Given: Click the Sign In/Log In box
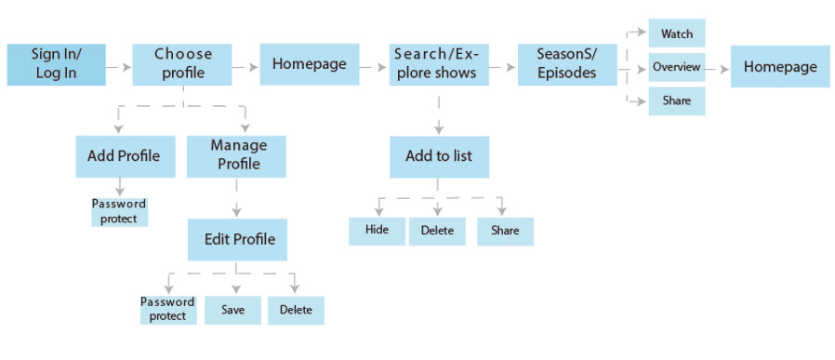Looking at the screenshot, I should [56, 64].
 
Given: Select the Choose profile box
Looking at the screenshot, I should [182, 64].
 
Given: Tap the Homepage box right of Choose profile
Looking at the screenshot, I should [309, 64].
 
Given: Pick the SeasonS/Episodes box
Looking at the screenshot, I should [567, 64].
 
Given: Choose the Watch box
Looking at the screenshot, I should [676, 33].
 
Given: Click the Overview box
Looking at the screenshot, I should [676, 67].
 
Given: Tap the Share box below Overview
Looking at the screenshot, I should [676, 100].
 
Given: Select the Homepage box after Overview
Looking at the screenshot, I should [779, 67].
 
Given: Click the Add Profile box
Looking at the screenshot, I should [124, 155].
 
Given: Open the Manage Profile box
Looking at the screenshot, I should [238, 155].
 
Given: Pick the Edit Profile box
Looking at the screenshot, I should [239, 240].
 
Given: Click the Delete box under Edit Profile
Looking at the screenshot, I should [296, 310].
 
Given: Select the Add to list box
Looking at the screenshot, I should [438, 155].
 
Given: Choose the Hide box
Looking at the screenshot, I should [377, 231].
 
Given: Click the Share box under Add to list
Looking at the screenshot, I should [505, 231].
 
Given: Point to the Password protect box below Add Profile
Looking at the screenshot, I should [119, 211].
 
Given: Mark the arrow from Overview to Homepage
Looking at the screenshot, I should [717, 68].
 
